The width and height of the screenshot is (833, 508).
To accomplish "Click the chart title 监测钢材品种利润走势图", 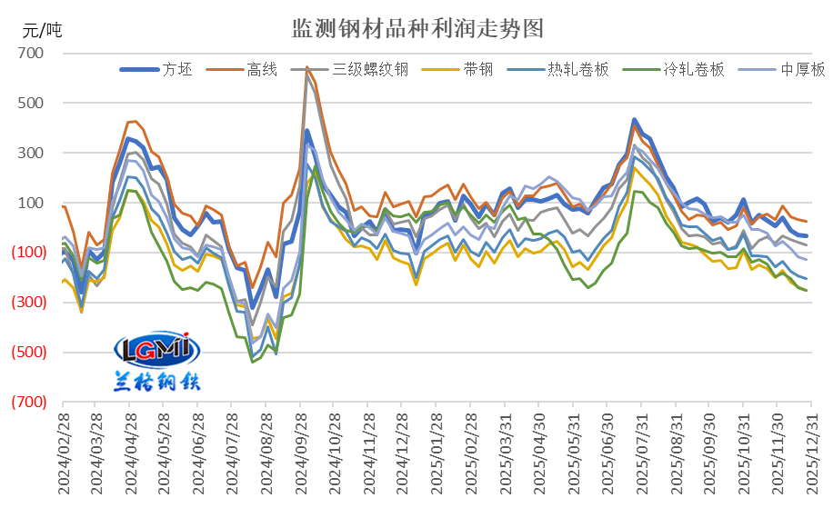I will pos(417,27).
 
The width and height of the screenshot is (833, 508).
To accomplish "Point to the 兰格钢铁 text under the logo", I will pos(156,380).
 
